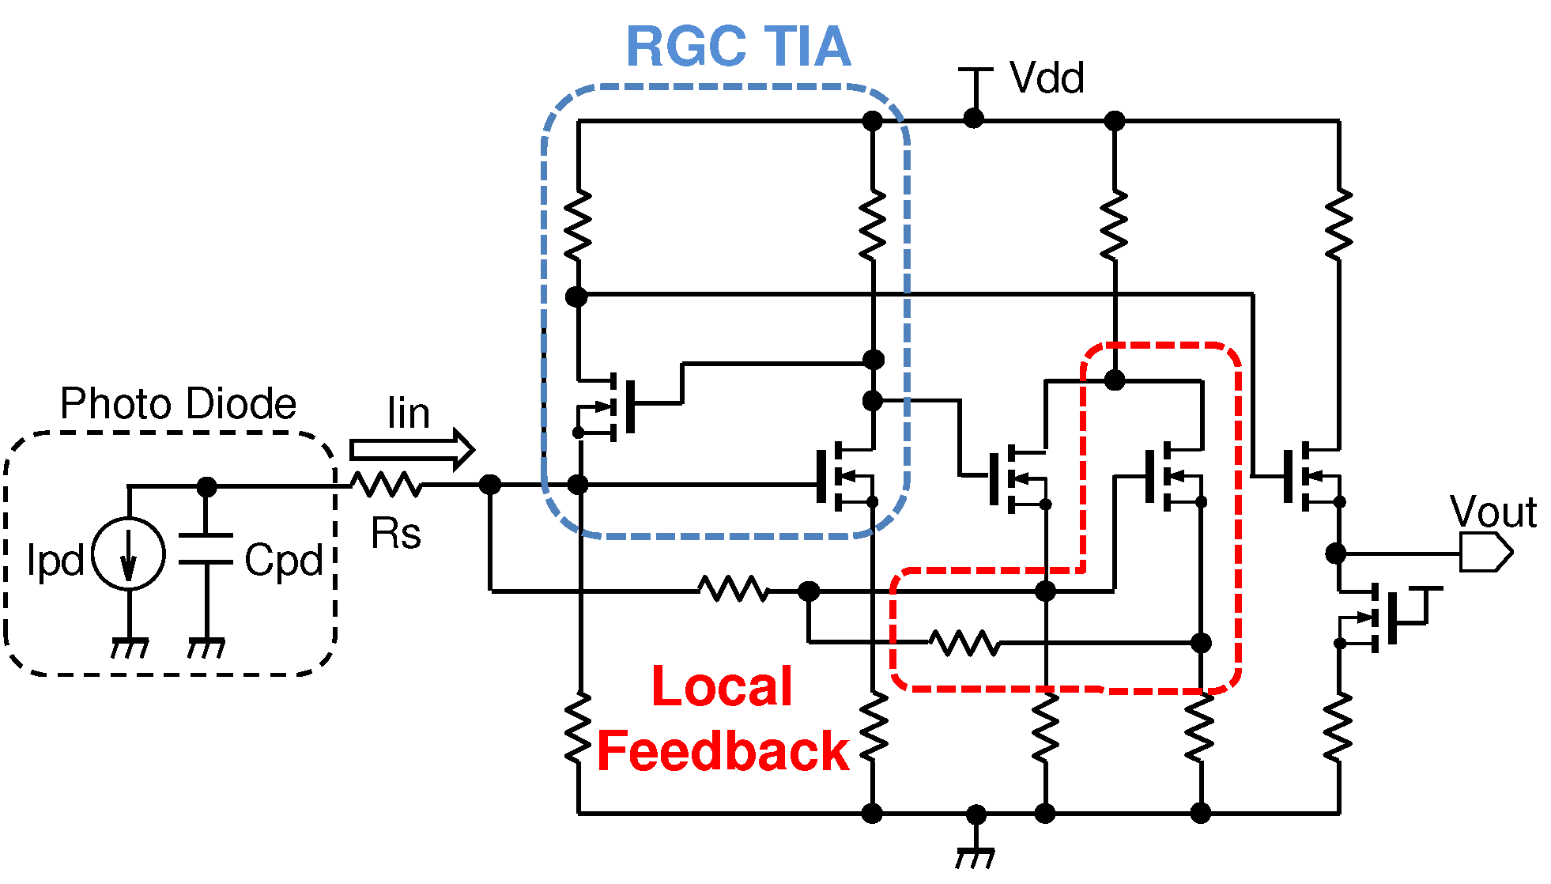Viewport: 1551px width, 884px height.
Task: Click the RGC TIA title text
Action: click(x=738, y=47)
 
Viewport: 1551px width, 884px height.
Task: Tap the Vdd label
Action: click(x=1046, y=78)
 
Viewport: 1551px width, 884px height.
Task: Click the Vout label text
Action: click(x=1492, y=512)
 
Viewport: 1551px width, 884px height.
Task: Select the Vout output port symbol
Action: click(x=1485, y=553)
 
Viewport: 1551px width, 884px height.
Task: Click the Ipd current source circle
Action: click(x=128, y=553)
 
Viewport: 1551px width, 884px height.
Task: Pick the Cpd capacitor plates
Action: click(x=206, y=550)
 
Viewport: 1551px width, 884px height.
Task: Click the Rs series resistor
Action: click(x=386, y=484)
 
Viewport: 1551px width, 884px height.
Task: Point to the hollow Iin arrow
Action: click(x=411, y=450)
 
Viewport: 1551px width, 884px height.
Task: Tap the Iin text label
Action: click(x=408, y=414)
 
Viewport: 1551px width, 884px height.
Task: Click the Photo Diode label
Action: click(x=178, y=404)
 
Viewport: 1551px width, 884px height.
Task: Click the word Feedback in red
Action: click(x=722, y=751)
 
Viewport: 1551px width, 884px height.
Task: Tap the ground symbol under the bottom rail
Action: click(x=976, y=856)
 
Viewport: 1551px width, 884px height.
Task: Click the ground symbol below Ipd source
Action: click(x=129, y=648)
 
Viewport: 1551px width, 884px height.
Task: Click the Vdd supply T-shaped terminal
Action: click(x=975, y=79)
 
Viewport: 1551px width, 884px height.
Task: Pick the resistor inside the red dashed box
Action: click(x=964, y=643)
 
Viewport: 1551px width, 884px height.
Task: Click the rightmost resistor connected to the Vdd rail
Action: click(x=1338, y=225)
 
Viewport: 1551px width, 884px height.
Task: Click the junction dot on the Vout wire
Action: click(x=1335, y=553)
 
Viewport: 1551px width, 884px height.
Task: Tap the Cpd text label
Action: click(x=283, y=560)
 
